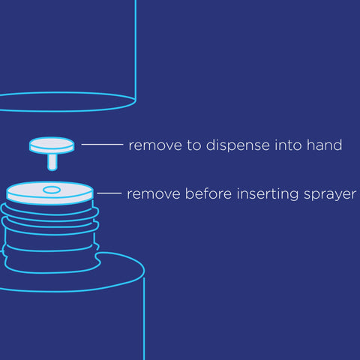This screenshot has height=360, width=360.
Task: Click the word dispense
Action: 238,145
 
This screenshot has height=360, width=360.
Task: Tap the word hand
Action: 325,145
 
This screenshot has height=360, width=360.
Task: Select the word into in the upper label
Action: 289,145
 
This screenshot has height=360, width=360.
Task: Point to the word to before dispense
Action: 194,145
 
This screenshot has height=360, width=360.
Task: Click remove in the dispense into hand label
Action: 155,145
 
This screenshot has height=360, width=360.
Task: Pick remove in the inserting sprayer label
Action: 154,194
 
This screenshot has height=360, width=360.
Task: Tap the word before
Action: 208,193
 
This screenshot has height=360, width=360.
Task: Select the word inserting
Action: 268,194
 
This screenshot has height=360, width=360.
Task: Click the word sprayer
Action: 330,195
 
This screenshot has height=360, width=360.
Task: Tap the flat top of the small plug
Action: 52,144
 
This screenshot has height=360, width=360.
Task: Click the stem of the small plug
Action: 52,162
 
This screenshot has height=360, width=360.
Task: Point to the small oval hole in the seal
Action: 52,190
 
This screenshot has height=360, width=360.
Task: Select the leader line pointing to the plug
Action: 102,144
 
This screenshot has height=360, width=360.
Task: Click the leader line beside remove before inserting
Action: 109,193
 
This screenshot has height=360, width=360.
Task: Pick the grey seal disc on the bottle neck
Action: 50,193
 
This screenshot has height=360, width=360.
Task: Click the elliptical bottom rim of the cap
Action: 67,111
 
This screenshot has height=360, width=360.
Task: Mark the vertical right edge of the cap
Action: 136,50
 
